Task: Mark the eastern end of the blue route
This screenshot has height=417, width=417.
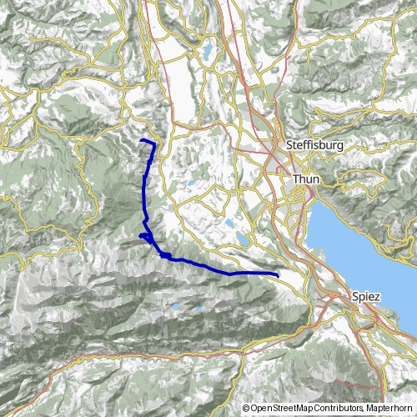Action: coord(278,274)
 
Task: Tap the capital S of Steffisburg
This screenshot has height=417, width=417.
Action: coord(289,145)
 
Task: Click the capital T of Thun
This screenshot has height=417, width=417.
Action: coord(294,178)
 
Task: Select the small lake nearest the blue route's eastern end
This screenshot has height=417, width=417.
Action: coord(241,240)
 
